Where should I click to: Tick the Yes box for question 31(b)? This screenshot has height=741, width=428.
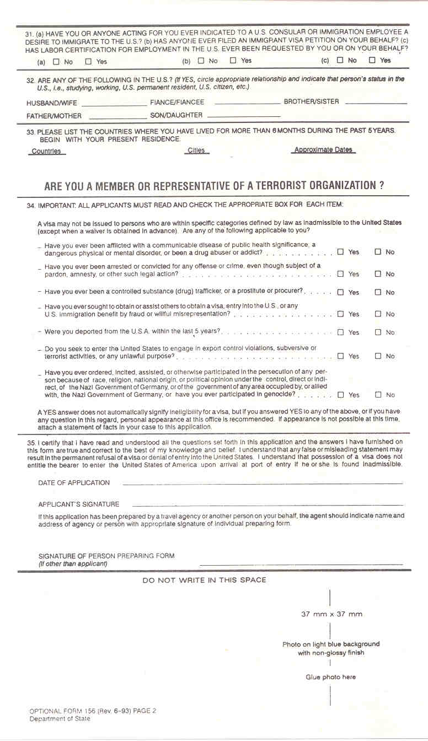[x=233, y=61]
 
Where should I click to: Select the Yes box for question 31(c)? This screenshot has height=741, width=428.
[x=372, y=60]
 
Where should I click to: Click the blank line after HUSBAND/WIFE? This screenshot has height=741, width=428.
[x=114, y=104]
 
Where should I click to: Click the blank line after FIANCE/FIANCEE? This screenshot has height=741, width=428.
[x=247, y=103]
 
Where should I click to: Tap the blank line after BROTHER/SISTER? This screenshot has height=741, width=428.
[x=376, y=103]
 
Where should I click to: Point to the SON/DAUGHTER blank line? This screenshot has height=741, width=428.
[x=244, y=116]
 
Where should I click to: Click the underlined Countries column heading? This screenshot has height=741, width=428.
[x=47, y=152]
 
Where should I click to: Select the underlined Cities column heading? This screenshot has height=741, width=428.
[x=196, y=151]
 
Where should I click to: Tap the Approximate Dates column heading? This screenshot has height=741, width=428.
[x=323, y=150]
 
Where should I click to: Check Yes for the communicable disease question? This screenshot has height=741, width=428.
[x=340, y=252]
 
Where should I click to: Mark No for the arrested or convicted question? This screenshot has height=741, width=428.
[x=378, y=274]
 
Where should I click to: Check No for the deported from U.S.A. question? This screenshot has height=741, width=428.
[x=378, y=332]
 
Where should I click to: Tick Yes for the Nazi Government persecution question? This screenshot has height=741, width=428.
[x=340, y=395]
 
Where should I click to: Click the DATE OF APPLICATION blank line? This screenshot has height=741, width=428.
[x=263, y=484]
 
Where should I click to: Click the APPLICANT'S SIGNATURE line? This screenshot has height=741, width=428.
[x=267, y=504]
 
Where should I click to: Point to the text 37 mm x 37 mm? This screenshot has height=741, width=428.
[x=331, y=614]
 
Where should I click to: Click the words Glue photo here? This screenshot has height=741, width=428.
[x=331, y=677]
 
